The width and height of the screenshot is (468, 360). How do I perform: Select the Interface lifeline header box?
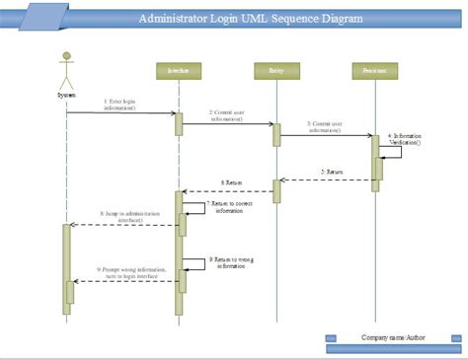(x=179, y=70)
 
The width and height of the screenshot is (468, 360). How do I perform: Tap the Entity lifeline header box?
(x=276, y=70)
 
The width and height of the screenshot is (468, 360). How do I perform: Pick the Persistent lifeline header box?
(x=374, y=70)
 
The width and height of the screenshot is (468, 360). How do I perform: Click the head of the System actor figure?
(x=66, y=56)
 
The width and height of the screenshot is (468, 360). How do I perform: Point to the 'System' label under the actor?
(x=66, y=95)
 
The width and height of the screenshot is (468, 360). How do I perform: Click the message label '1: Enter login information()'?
(x=120, y=105)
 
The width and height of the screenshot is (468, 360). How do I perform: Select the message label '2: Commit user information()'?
(x=227, y=116)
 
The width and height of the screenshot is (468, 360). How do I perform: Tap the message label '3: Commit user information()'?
(x=325, y=128)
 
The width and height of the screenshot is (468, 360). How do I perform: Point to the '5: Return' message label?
(x=331, y=172)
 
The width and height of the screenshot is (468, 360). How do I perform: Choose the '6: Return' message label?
(x=229, y=183)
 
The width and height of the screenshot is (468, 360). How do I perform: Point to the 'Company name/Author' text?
(x=393, y=336)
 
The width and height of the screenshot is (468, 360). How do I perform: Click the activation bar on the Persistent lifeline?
(x=375, y=158)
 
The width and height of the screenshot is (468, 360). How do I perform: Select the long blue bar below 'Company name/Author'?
(x=393, y=348)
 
